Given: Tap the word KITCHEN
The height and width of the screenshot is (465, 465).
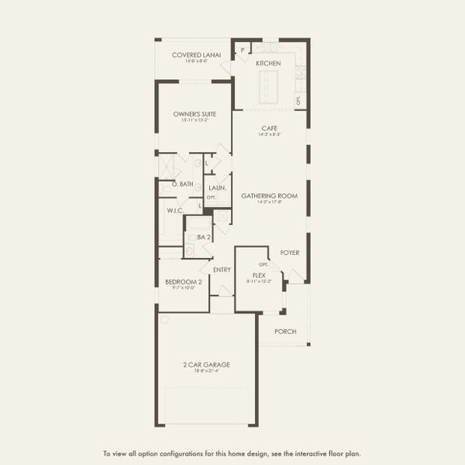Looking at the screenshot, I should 268,63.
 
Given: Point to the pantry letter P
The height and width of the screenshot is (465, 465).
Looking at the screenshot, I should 243,50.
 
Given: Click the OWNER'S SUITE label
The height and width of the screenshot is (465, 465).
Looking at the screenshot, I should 195,114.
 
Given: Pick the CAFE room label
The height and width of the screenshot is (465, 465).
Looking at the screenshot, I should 269,128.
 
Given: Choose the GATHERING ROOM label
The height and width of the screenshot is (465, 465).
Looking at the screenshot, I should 269,196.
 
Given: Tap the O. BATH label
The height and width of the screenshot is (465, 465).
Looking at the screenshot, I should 182,184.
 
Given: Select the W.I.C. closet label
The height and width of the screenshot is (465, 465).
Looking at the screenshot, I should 175,210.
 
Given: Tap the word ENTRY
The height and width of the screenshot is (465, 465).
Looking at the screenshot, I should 222,270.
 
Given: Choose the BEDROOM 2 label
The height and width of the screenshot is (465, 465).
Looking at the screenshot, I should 184,282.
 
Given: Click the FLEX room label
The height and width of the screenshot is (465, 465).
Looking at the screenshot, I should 260,275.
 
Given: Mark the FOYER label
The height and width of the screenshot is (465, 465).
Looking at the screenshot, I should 290,253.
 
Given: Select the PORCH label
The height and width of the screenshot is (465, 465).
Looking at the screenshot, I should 285,331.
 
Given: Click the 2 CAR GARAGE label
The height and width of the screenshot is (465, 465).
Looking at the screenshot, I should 205,364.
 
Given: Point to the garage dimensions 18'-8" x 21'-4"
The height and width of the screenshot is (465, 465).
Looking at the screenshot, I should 205,371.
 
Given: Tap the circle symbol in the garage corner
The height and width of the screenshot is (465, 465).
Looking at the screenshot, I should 164,319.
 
